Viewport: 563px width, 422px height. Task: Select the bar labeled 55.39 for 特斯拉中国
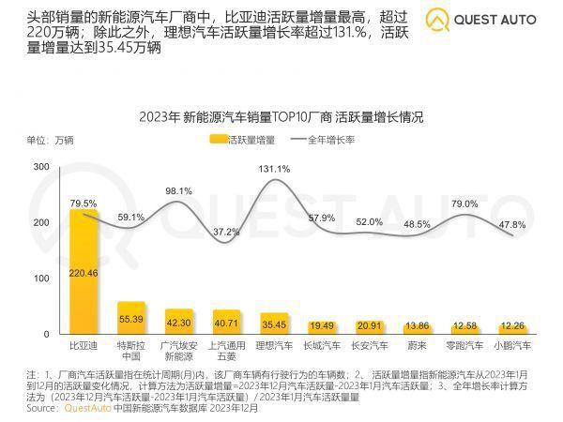coord(130,319)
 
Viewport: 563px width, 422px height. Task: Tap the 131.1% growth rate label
coord(274,169)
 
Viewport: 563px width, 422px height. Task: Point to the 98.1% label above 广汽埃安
coord(179,190)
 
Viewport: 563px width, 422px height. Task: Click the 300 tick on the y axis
coord(41,166)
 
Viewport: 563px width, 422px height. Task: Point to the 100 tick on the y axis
coord(41,279)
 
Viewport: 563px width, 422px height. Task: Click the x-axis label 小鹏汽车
coord(512,346)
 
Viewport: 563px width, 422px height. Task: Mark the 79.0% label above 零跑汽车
coord(465,203)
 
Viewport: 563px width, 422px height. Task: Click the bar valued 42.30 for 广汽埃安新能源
coord(178,322)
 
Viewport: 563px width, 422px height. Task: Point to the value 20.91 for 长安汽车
coord(370,324)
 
